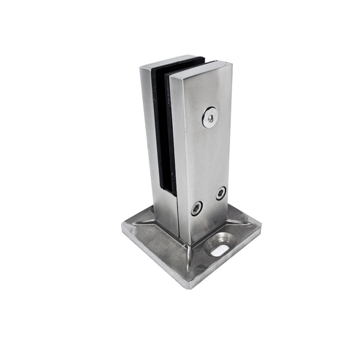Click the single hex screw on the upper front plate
pos(210,117)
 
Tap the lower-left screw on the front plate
pos(197,208)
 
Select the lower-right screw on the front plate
pos(221,193)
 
